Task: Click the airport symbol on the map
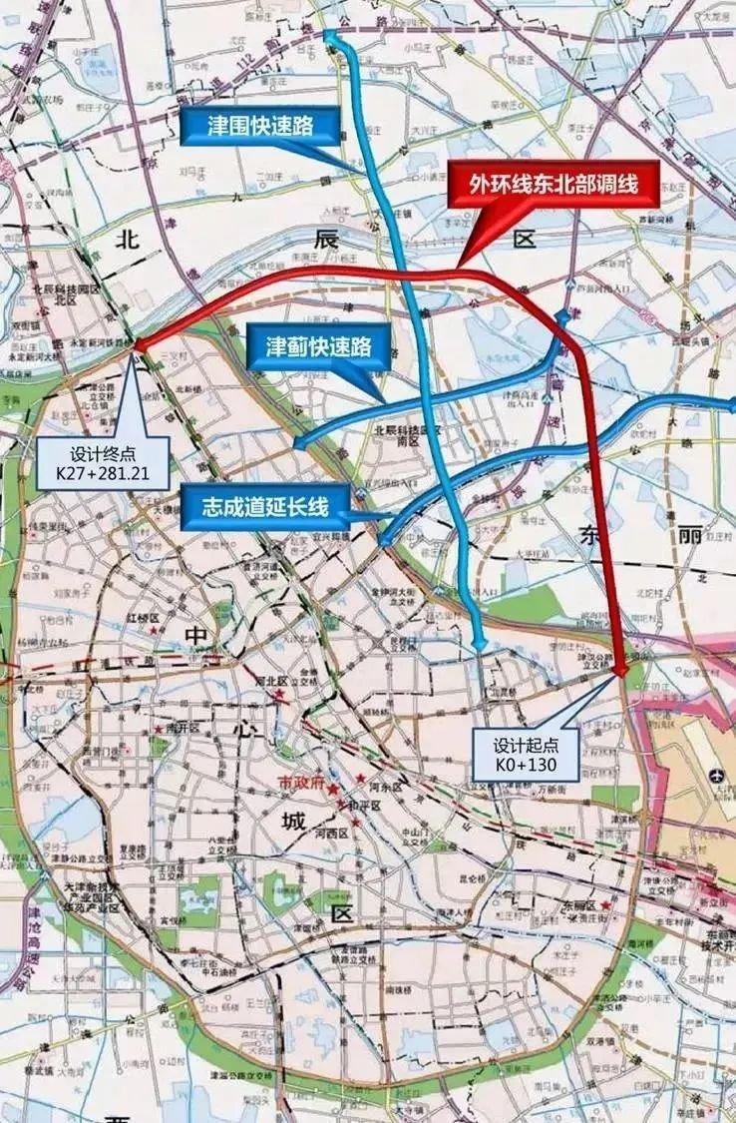[716, 776]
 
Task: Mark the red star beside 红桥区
[153, 631]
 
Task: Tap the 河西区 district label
[329, 833]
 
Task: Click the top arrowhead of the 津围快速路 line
[328, 36]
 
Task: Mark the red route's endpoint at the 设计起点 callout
[621, 672]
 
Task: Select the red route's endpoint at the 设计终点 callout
[138, 343]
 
